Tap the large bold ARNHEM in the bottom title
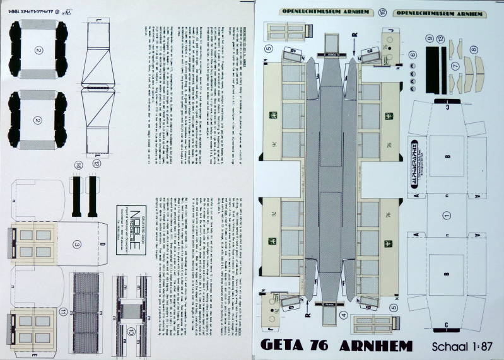[376, 345]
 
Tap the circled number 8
[474, 50]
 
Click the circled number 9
[430, 39]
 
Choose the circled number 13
[440, 39]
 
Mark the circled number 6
[413, 55]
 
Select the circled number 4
[343, 315]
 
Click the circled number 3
[76, 244]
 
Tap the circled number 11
[64, 312]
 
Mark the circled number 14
[78, 166]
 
